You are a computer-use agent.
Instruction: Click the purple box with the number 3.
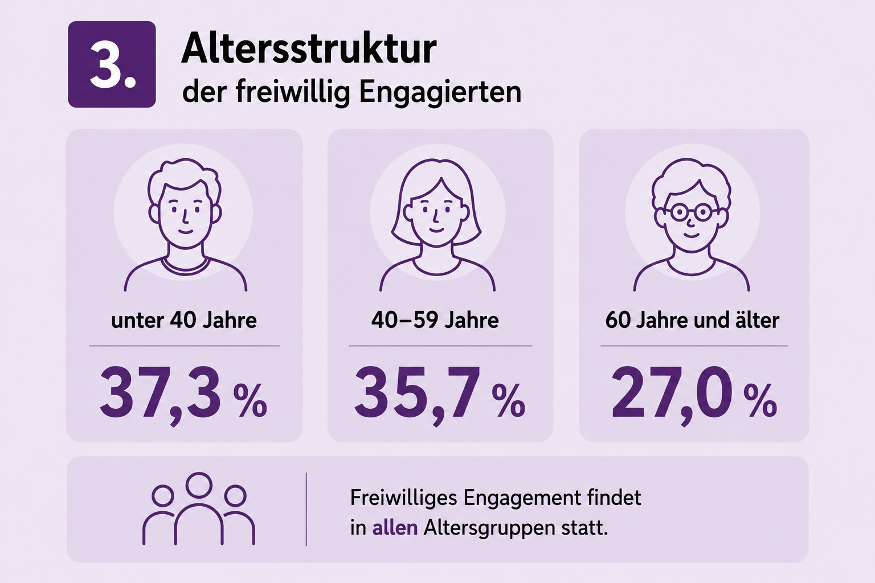point(112,64)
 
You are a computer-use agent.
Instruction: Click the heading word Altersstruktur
point(309,50)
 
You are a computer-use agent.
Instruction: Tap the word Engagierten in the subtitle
point(440,93)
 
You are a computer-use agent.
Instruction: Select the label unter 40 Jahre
point(184,321)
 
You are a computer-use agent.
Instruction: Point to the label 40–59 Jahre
point(435,321)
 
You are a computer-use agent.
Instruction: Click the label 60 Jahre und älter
point(692,321)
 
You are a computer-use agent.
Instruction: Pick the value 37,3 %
point(183,395)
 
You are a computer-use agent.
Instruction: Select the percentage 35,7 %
point(440,395)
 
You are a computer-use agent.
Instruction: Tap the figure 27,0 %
point(694,395)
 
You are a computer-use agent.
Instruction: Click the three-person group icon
point(199,509)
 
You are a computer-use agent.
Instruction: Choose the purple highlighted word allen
point(395,528)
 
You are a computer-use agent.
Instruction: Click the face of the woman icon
point(436,215)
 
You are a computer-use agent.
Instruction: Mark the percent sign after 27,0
point(760,400)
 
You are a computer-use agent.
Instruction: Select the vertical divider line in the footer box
point(306,509)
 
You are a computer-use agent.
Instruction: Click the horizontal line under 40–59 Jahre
point(440,346)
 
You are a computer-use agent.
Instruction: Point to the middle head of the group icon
point(199,485)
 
